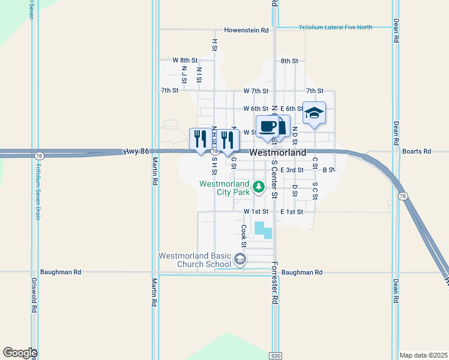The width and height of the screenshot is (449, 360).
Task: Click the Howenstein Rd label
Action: click(x=246, y=30)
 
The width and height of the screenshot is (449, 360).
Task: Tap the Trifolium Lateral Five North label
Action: click(x=336, y=27)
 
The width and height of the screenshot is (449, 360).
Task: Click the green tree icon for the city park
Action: click(x=259, y=187)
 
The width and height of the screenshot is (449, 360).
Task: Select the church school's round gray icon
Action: click(x=240, y=259)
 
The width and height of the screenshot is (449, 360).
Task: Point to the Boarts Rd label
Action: click(x=417, y=152)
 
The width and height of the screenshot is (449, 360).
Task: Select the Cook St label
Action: click(x=244, y=236)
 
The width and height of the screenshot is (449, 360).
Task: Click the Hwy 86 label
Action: click(x=136, y=152)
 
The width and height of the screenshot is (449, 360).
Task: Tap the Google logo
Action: click(x=20, y=353)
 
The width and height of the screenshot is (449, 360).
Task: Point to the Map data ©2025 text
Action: click(x=423, y=355)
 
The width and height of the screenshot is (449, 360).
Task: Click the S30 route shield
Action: click(x=275, y=356)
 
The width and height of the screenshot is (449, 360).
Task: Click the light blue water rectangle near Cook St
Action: click(x=262, y=229)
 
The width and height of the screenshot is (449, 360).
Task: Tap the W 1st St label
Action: click(x=255, y=212)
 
